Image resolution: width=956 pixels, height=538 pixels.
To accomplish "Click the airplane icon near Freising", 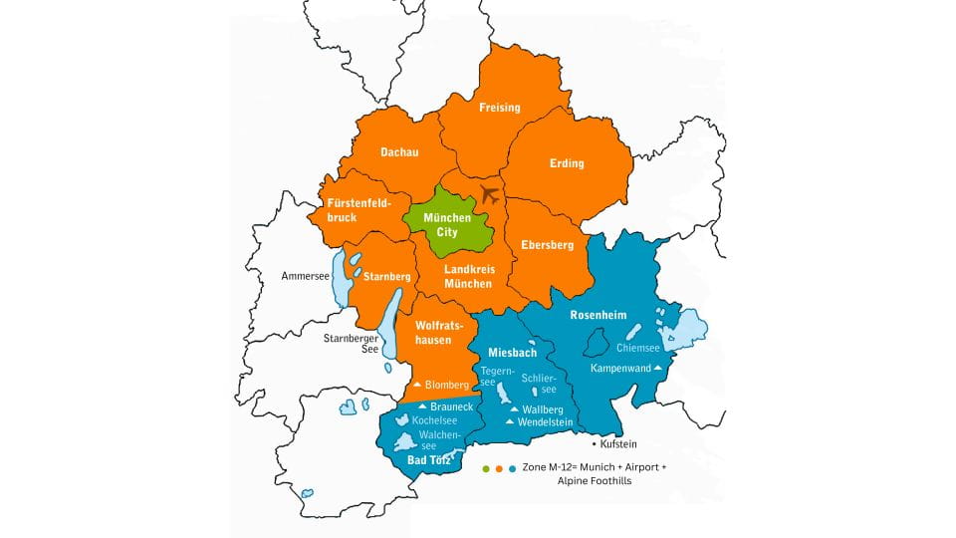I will coord(489,193).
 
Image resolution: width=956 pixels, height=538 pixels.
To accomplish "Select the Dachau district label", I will coord(399,152).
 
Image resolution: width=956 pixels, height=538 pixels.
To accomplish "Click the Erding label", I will coord(567,163).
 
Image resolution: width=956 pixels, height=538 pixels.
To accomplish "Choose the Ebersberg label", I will coord(547,244).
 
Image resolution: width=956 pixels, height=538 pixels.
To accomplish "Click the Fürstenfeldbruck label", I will coord(358,209).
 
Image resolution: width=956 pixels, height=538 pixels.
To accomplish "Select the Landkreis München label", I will coord(468,276).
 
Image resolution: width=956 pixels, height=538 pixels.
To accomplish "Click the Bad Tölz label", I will coord(430,460).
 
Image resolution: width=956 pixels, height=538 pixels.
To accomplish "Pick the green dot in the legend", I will coord(485,467).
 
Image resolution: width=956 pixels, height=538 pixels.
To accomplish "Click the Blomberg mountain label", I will coord(443,385).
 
